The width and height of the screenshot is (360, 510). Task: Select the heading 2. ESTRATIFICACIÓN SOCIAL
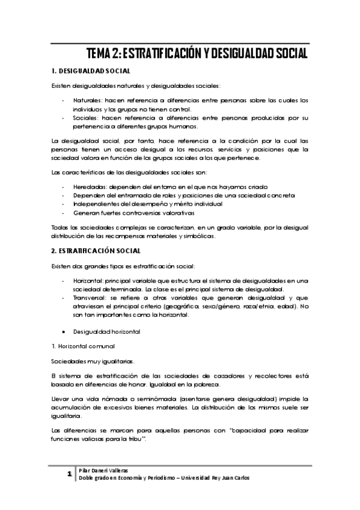point(97,250)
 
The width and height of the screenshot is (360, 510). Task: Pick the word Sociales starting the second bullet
point(87,118)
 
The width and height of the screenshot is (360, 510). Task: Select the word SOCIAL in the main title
point(285,54)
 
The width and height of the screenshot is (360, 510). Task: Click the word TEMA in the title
point(99,54)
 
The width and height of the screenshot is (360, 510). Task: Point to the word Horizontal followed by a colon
point(89,280)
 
